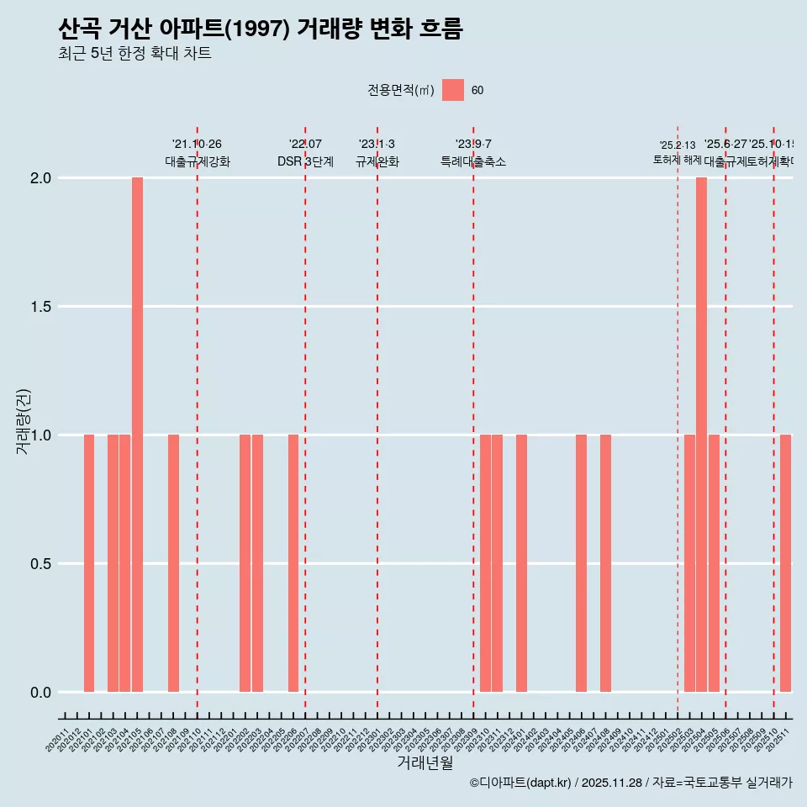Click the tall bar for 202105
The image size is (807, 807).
137,435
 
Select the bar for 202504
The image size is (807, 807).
701,435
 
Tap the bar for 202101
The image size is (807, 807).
89,563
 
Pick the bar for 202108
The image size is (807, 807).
173,563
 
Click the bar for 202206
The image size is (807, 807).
293,563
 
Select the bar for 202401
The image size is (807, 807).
521,563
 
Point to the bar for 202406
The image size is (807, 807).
581,563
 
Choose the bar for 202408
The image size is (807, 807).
605,563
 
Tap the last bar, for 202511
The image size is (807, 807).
785,563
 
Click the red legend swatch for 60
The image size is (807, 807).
453,90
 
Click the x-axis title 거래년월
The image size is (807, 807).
425,763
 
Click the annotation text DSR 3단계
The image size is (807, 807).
305,161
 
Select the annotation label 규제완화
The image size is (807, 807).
377,161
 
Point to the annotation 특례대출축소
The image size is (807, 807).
473,161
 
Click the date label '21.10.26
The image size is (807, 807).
197,145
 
